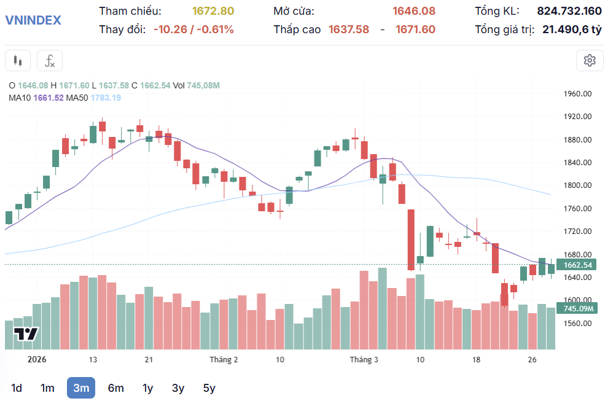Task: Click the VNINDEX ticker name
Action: point(33,20)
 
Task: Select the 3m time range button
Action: point(81,387)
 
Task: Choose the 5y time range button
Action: point(209,387)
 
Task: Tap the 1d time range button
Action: point(17,387)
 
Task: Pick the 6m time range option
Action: point(115,387)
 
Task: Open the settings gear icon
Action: point(590,60)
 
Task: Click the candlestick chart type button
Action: point(18,61)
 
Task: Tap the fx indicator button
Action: point(50,61)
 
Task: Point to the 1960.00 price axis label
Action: point(577,94)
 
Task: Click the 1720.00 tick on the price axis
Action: point(577,232)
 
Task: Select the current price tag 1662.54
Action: point(577,265)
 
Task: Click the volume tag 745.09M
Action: point(577,308)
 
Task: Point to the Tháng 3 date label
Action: point(364,359)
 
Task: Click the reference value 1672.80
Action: point(213,11)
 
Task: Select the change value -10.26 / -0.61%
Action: point(193,29)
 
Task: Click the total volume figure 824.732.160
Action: point(569,11)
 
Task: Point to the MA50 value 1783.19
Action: point(106,98)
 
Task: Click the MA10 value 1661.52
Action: point(49,98)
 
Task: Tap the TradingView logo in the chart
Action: point(26,335)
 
